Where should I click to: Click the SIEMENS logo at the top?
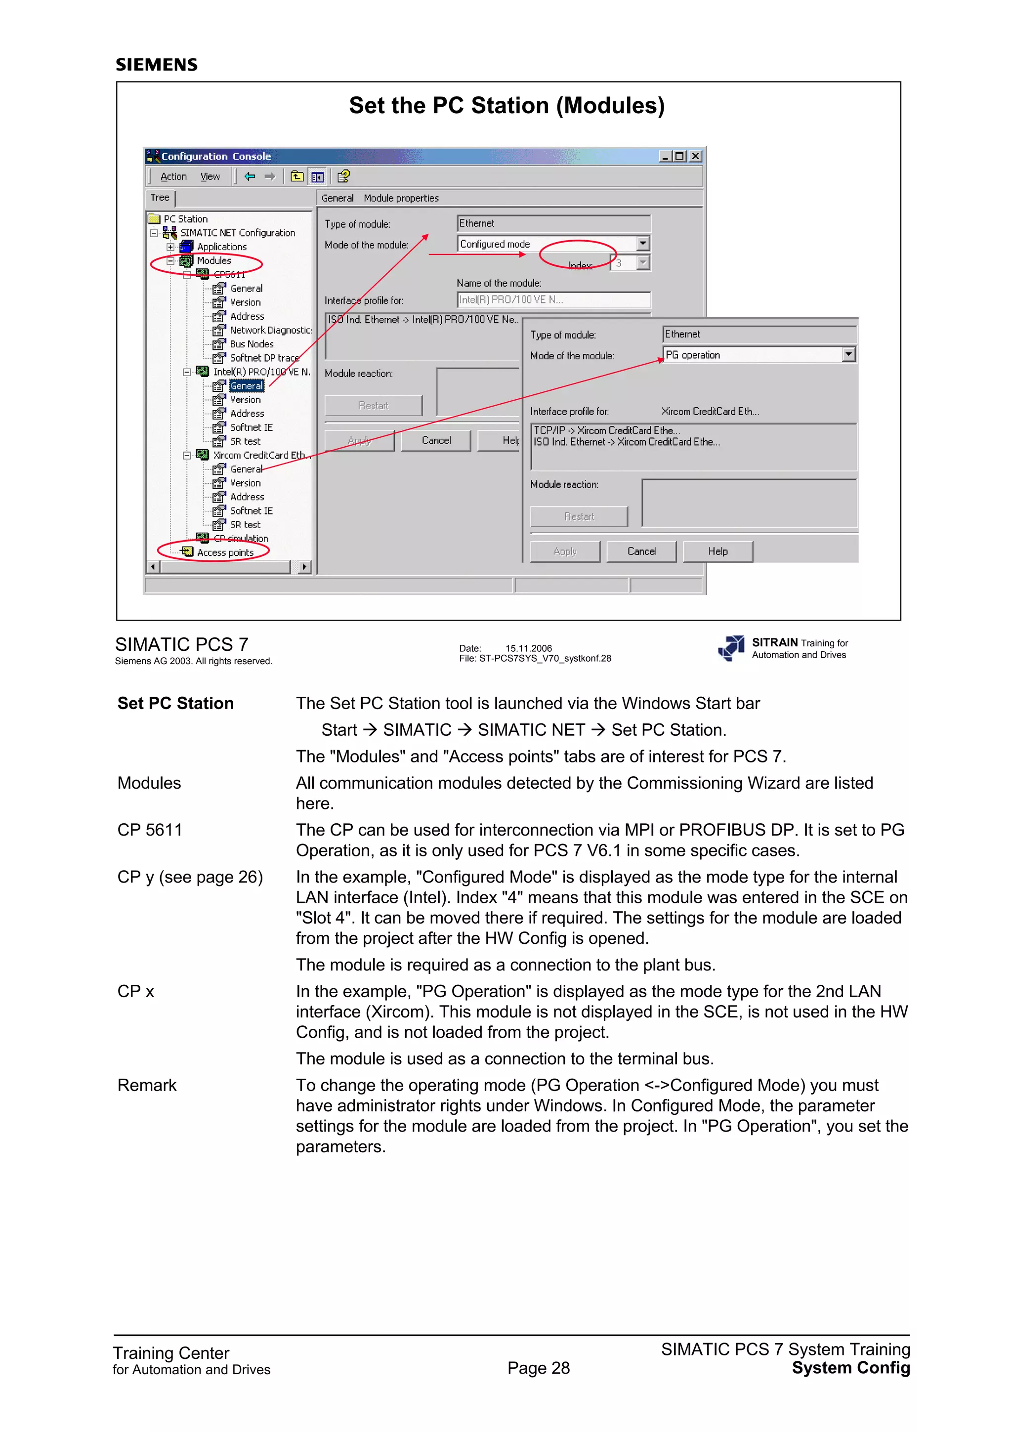157,65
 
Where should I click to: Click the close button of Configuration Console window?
695,157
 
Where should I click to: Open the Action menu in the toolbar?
173,177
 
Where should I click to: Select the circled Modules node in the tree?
213,261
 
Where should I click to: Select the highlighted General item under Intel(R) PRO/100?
246,386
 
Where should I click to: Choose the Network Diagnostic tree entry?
269,331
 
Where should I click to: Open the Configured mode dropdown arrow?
643,244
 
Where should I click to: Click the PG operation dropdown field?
753,355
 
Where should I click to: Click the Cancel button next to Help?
641,551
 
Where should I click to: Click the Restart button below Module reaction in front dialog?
579,516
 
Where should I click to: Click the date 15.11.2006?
528,648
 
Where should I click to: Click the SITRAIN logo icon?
731,648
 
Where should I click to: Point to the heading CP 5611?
150,830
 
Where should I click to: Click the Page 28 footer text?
538,1368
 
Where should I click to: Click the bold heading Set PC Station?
175,704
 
